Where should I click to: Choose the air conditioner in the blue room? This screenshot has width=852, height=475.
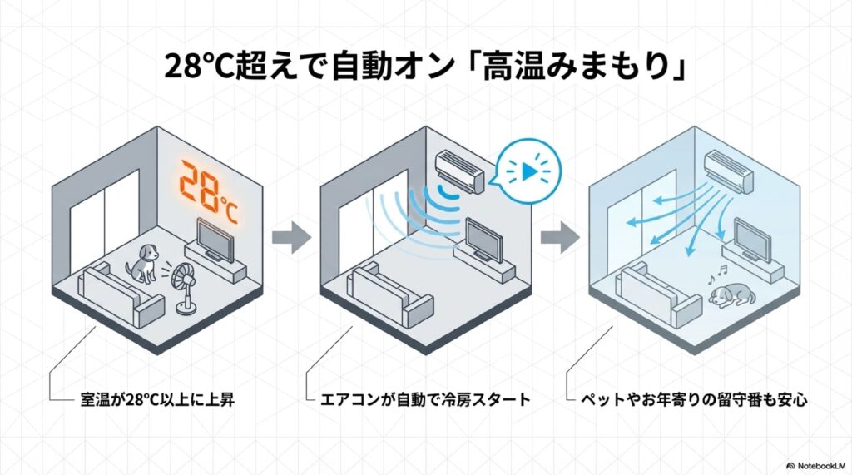tap(729, 170)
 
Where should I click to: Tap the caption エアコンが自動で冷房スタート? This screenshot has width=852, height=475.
tap(424, 400)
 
